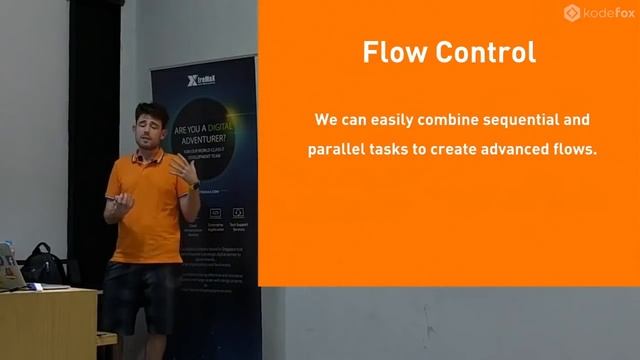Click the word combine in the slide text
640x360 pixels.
pos(438,120)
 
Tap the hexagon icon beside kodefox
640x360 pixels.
pos(573,13)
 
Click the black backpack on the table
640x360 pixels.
pos(43,264)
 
